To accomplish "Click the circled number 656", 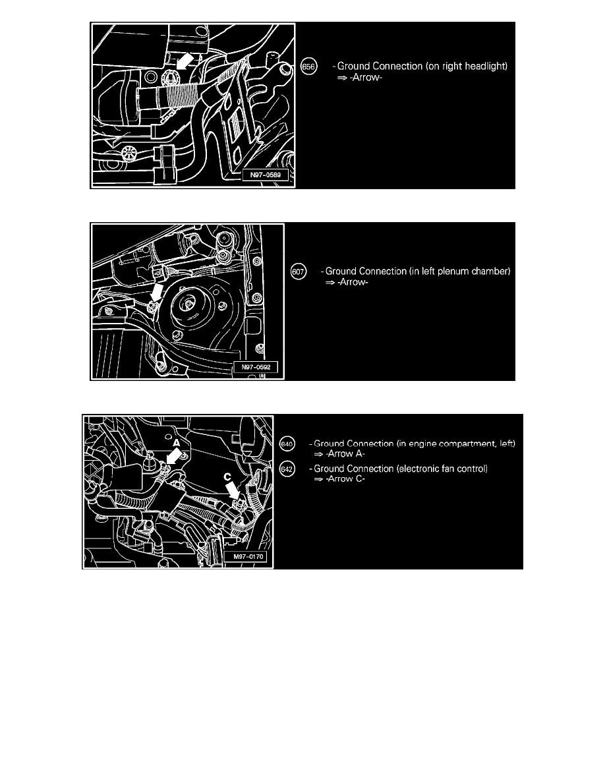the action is point(309,67).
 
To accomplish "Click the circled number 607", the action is point(298,272).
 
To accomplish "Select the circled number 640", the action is point(287,444).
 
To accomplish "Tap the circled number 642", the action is point(287,469).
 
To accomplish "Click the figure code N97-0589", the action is point(265,175).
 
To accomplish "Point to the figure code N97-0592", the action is point(256,367).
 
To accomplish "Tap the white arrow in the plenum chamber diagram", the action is point(157,291).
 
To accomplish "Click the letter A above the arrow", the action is point(176,443).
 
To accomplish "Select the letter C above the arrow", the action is point(227,477).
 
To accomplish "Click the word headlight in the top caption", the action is point(482,66).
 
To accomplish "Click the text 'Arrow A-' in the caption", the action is point(345,454).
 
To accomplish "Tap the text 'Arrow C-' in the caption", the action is point(345,479).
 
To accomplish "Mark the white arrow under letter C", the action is point(232,490).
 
